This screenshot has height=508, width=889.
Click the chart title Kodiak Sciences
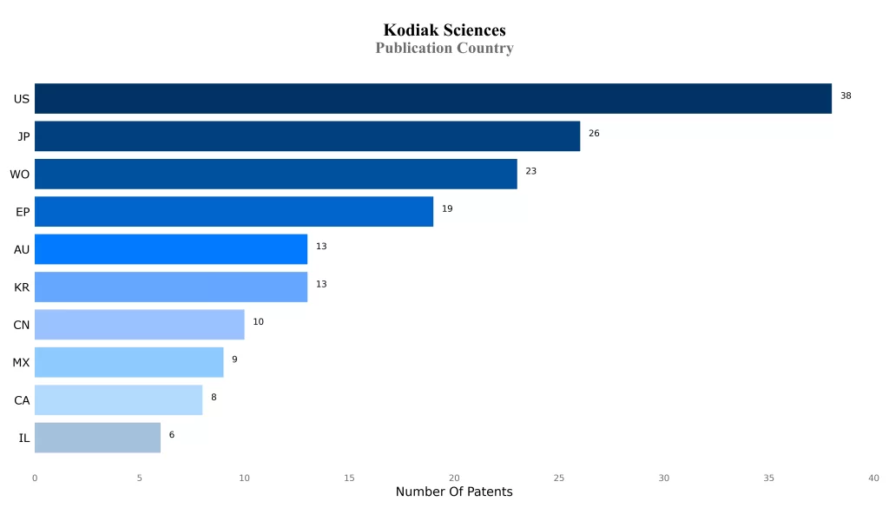coord(444,30)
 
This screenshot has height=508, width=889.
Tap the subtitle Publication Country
coord(444,49)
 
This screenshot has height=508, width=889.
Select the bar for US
coord(432,99)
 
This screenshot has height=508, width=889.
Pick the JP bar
coord(306,136)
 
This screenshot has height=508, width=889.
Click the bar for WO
coord(275,174)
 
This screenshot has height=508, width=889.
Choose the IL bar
coord(97,438)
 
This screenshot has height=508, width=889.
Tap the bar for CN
coord(139,325)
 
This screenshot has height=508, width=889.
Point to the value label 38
coord(846,96)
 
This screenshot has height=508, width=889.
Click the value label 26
coord(594,134)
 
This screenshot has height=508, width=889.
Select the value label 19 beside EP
coord(447,208)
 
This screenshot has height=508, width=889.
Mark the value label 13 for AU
coord(321,247)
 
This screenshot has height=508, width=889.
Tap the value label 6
coord(172,434)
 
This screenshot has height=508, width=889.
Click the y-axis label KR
coord(22,287)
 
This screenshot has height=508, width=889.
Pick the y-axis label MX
coord(21,362)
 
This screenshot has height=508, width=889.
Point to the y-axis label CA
coord(22,400)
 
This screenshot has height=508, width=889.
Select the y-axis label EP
coord(23,212)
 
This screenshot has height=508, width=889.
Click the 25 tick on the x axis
coord(559,478)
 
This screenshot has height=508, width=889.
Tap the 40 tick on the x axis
coord(873,478)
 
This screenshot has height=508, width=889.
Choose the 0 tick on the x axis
coord(35,478)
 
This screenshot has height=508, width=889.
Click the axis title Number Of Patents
coord(454,492)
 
